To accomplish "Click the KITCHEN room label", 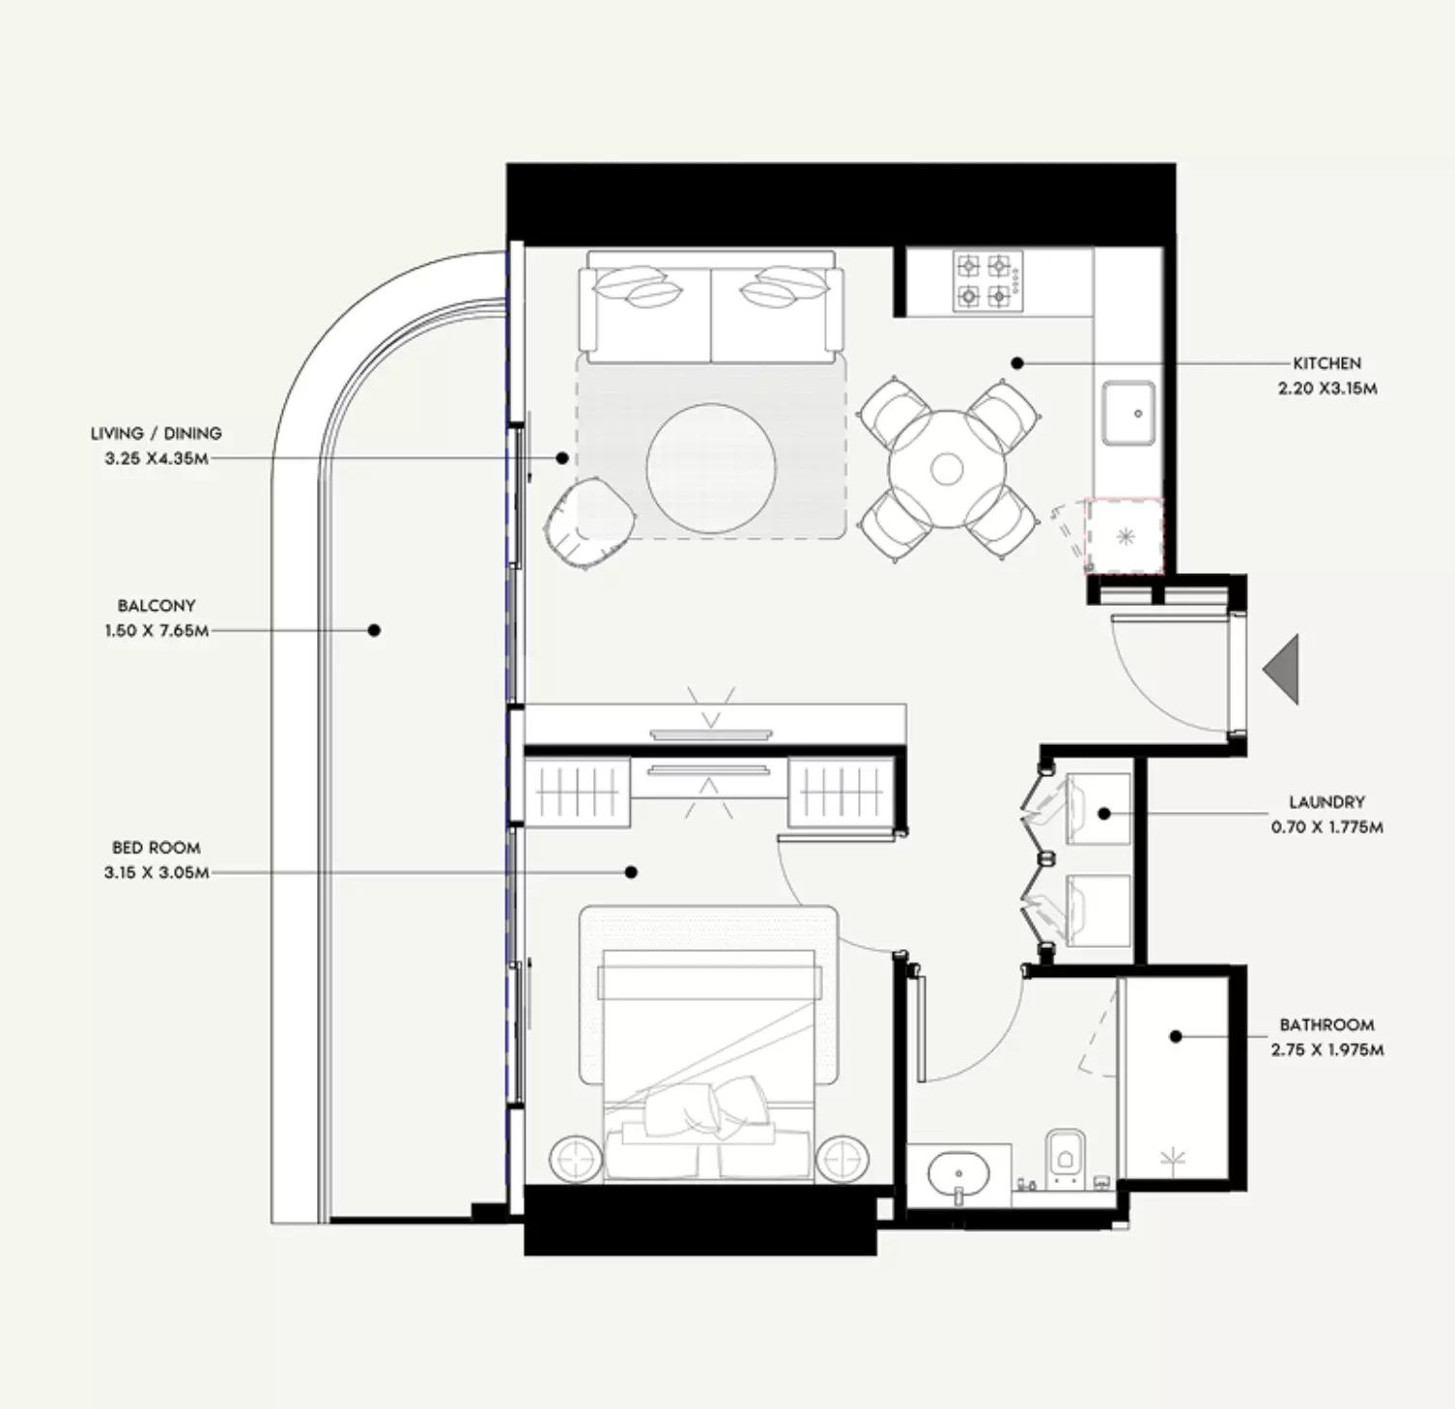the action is coord(1327,363).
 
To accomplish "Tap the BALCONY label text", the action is coord(157,606).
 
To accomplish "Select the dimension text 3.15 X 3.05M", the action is coord(157,873).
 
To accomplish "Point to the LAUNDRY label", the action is coord(1327,802).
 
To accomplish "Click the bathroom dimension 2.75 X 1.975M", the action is coord(1327,1050).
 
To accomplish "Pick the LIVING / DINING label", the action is coord(157,434).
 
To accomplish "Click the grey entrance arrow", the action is coord(1281,669).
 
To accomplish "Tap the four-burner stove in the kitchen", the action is coord(987,280).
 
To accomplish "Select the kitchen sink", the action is coord(1129,413).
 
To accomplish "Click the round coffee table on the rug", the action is coord(711,469).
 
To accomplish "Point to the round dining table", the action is coord(947,470).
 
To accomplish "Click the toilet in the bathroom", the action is coord(1065,1157).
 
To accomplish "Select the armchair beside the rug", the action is coord(588,523).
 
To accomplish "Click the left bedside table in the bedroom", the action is coord(576,1158).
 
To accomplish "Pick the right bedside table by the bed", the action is coord(842,1158).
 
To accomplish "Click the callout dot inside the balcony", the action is coord(374,630).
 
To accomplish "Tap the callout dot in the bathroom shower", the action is coord(1176,1037).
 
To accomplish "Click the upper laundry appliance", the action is coord(1098,810).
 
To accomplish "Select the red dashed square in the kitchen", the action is coord(1125,536).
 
